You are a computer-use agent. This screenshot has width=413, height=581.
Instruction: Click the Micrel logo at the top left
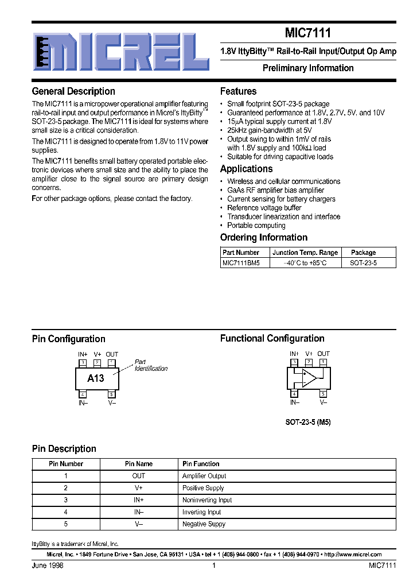120,51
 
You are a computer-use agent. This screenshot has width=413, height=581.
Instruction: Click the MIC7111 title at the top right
308,34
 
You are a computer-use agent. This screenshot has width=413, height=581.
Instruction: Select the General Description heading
73,91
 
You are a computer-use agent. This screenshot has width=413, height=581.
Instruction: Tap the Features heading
238,91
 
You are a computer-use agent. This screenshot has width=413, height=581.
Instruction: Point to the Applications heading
246,169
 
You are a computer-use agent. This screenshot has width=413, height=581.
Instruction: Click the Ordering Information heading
264,238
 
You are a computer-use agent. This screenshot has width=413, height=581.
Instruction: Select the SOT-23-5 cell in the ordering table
363,263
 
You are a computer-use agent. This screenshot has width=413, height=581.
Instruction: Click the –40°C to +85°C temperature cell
305,263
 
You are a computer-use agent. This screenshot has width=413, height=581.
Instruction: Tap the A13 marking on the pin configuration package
96,378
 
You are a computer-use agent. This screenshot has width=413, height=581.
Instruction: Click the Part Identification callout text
150,366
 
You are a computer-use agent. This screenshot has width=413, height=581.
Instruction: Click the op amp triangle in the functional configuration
310,377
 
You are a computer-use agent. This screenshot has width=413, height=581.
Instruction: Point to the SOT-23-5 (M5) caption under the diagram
308,422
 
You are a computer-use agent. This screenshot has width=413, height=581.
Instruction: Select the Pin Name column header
139,464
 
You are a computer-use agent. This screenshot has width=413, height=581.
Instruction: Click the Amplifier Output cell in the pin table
204,476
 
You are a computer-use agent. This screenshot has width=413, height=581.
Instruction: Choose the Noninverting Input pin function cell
207,500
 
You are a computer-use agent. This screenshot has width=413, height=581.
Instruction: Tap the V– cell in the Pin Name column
139,524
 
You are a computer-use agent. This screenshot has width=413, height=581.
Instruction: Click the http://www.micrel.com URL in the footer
353,555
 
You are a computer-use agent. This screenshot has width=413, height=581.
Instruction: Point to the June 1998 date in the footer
48,565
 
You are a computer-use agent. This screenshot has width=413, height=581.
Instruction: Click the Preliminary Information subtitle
308,68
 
